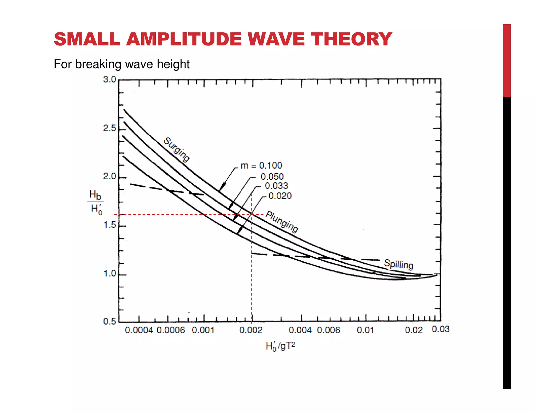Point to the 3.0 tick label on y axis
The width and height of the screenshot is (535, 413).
(x=109, y=79)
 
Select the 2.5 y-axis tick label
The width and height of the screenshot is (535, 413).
(x=109, y=128)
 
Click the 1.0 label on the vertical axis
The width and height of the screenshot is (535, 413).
(x=109, y=273)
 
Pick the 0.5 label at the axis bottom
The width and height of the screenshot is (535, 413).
(x=109, y=321)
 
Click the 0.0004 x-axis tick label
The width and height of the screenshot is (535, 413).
(x=139, y=330)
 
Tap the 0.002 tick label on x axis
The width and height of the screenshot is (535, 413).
(x=251, y=330)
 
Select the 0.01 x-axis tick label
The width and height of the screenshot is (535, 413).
(x=365, y=330)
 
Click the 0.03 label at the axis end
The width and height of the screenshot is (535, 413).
(x=440, y=329)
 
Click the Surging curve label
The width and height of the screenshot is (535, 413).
(x=177, y=150)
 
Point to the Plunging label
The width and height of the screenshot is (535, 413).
(x=282, y=221)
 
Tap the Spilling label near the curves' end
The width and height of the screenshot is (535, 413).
(x=399, y=264)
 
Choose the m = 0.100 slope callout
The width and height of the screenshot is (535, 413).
(x=261, y=166)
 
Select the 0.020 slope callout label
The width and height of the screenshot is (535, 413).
(x=280, y=196)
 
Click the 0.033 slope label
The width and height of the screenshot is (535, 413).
(x=276, y=186)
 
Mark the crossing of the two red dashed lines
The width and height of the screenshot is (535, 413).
(x=251, y=215)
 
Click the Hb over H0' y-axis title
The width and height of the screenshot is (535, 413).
(x=95, y=202)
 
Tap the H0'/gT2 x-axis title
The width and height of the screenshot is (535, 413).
(x=280, y=346)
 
